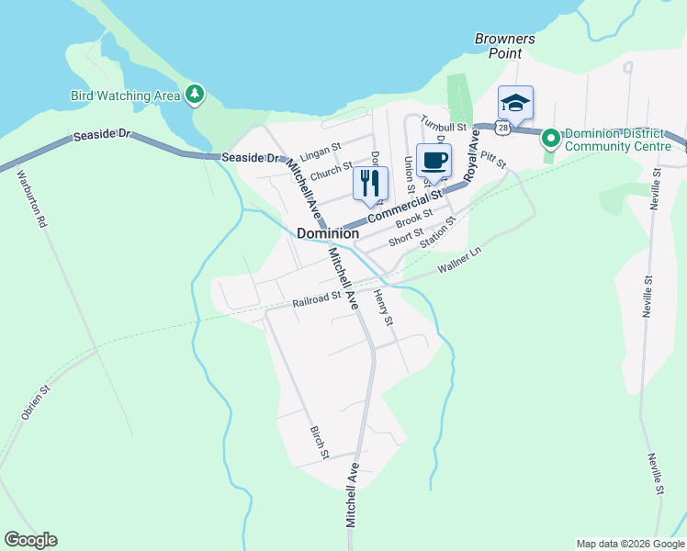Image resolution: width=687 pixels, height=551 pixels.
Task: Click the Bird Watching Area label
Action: pos(125,96)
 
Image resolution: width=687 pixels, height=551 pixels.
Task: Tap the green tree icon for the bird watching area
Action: pos(194,94)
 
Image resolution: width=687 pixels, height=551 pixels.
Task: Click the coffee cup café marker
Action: pos(434,160)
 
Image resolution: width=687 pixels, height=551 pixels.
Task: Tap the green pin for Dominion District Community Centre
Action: pos(551,139)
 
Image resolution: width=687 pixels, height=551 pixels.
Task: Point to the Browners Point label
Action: pos(504,46)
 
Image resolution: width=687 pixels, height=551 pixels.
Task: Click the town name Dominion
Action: pos(328,234)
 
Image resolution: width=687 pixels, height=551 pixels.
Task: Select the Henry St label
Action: pos(383,309)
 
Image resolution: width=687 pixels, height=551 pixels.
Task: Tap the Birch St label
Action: pos(319,442)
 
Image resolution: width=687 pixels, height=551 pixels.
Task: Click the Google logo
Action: pos(30,540)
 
